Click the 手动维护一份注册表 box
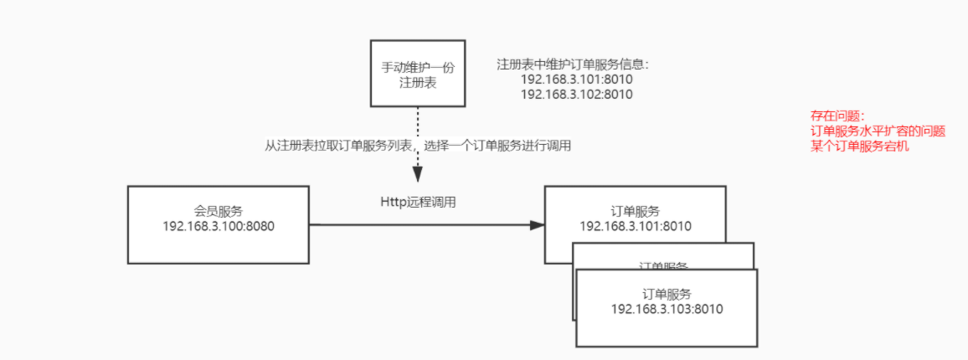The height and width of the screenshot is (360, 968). tap(418, 73)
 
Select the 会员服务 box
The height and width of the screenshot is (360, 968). tap(218, 224)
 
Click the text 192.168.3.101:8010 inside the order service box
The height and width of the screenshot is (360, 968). tap(636, 226)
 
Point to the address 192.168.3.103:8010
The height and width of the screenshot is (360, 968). tap(667, 309)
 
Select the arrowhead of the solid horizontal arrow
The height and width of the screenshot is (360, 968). tap(537, 224)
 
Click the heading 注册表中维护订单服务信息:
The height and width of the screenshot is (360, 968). tap(573, 64)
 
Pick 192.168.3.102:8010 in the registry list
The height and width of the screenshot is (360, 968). tap(576, 95)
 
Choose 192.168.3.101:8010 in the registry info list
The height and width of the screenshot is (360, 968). tap(576, 80)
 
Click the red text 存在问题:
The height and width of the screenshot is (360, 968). tap(836, 116)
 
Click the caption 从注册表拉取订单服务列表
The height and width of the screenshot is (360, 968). tap(335, 146)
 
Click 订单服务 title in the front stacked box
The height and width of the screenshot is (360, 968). tap(667, 294)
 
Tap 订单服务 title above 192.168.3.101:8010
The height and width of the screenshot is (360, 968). tap(636, 211)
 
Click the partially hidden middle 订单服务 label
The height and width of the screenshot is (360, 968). tap(663, 265)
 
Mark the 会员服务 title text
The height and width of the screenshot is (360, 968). tap(218, 211)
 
